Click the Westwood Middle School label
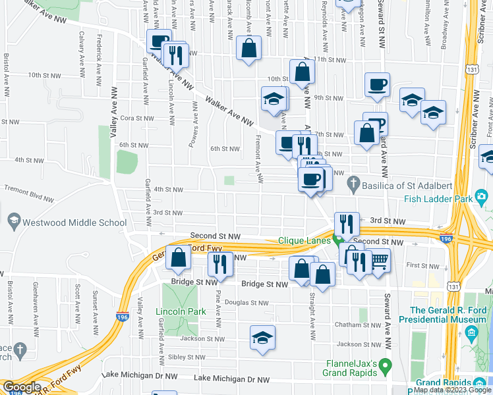click(x=74, y=223)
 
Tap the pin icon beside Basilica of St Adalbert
click(x=353, y=186)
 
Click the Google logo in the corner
click(x=21, y=387)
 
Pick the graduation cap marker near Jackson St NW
click(x=263, y=338)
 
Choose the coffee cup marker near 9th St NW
click(x=377, y=84)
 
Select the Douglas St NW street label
click(x=247, y=303)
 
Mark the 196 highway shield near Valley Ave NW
click(x=123, y=317)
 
